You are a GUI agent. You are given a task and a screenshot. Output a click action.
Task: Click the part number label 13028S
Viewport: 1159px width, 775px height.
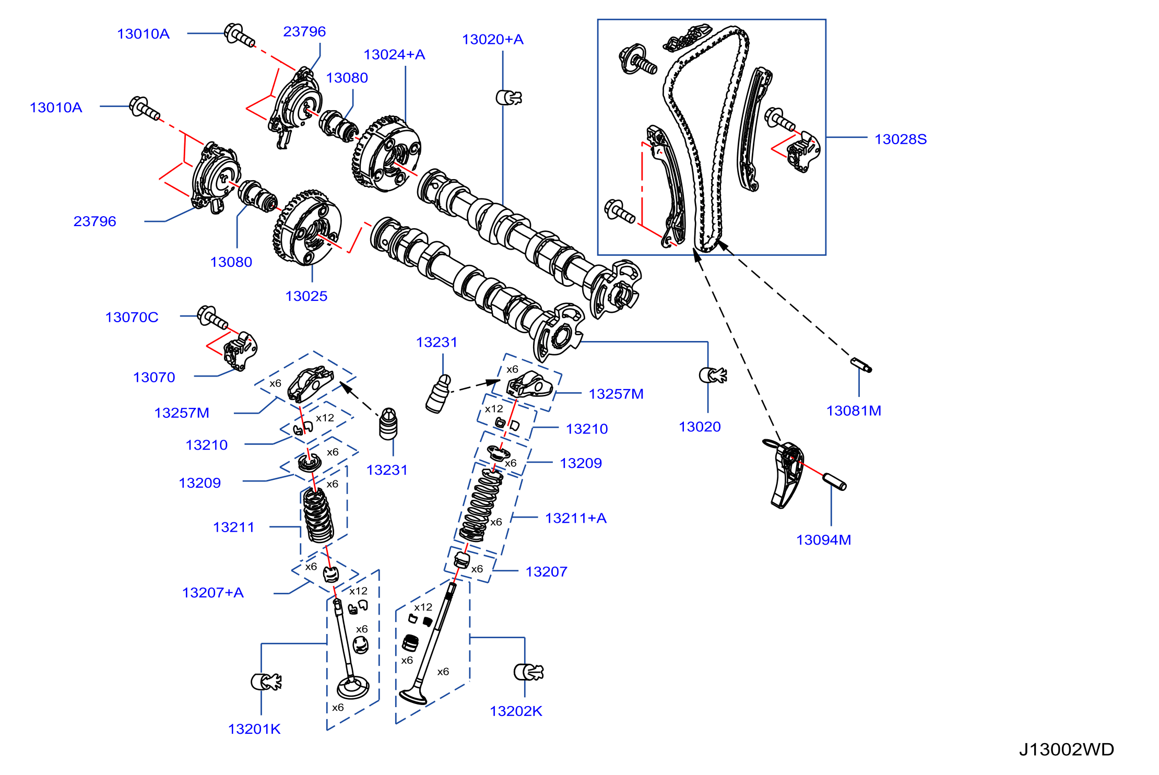tap(901, 139)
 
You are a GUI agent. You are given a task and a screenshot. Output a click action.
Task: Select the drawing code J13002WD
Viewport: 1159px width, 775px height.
tap(1067, 749)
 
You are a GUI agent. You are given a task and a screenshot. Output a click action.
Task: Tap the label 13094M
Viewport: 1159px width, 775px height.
tap(823, 540)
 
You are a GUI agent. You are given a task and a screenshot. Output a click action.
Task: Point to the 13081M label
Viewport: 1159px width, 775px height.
tap(854, 411)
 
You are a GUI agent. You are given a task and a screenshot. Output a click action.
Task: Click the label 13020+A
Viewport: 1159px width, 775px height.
tap(492, 40)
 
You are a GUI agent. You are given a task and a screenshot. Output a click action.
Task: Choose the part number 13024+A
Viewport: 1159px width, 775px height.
tap(394, 55)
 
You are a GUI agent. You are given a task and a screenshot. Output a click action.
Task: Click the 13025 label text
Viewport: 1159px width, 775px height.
tap(306, 296)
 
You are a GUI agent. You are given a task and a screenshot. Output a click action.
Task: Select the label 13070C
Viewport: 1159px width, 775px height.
tap(132, 318)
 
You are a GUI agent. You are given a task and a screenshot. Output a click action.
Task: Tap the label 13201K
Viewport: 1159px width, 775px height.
tap(254, 729)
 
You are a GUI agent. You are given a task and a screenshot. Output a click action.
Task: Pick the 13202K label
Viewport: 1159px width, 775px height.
tap(516, 711)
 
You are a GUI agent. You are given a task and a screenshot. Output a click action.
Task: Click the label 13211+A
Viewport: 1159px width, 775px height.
tap(576, 518)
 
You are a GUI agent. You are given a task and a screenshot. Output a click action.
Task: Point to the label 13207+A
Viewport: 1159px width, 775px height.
tap(213, 593)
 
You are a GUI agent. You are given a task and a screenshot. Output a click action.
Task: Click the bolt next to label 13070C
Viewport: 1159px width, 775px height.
tap(212, 317)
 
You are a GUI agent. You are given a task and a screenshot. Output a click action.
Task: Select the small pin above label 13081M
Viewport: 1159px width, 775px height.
tap(861, 365)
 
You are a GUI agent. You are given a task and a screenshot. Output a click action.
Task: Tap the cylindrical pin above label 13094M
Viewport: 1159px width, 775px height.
tap(834, 482)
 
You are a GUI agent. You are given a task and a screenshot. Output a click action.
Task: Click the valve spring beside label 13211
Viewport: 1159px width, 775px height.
tap(318, 515)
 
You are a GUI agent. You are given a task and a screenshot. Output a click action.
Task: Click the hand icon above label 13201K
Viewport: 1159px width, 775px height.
tap(266, 682)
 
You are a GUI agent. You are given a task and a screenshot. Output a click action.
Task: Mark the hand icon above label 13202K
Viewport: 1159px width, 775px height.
tap(528, 672)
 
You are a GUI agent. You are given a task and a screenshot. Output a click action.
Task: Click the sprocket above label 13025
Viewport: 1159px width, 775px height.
tap(308, 228)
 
